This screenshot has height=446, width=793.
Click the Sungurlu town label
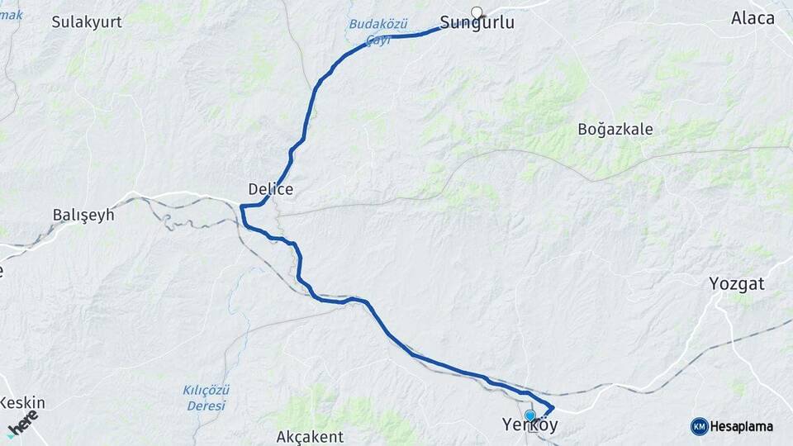click(477, 23)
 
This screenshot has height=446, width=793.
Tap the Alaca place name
click(753, 18)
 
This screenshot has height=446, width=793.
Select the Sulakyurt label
click(87, 22)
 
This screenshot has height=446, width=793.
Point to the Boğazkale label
click(615, 129)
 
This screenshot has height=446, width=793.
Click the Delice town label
click(271, 189)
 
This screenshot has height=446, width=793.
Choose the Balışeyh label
click(83, 215)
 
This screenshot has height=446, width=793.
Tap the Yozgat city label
click(737, 284)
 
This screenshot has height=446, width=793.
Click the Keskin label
click(22, 403)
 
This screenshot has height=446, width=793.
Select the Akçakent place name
click(310, 436)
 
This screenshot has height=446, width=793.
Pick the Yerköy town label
click(530, 426)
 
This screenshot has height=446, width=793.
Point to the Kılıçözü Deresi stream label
click(206, 396)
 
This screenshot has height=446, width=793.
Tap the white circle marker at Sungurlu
click(477, 12)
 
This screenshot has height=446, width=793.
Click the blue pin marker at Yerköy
click(530, 415)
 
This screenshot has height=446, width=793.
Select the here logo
click(22, 421)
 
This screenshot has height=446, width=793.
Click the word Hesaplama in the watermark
click(741, 426)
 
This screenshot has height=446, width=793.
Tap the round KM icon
click(699, 426)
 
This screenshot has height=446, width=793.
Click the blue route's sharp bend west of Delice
click(243, 207)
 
